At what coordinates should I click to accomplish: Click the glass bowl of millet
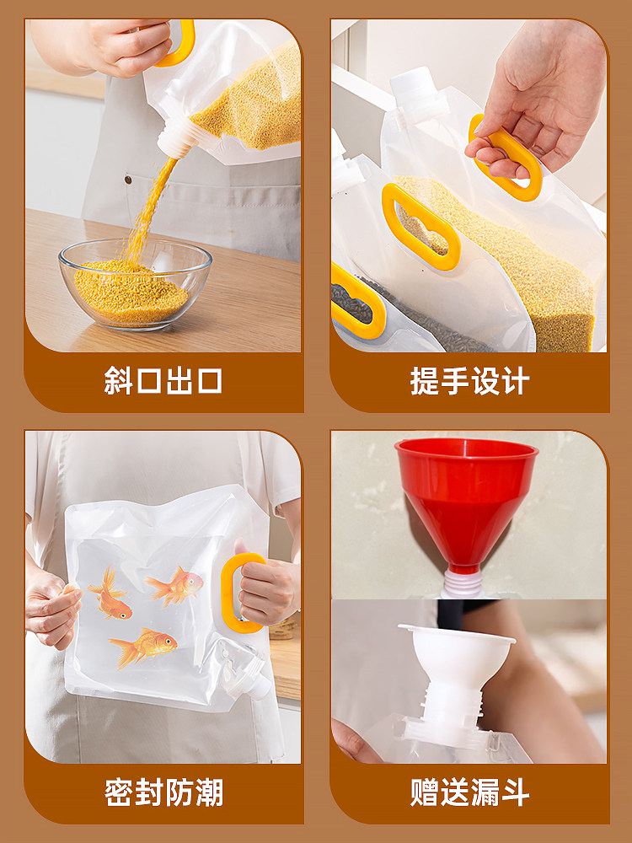pos(135,284)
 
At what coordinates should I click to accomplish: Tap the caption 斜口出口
pos(163,381)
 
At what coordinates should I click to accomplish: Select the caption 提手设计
pos(469,381)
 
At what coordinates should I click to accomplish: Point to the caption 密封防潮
pos(163,792)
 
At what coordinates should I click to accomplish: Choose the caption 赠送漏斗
pos(469,792)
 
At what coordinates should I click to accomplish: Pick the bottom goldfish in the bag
pos(143,647)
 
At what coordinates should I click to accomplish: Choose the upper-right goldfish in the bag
pos(176,586)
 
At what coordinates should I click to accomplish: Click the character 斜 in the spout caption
pos(118,381)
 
